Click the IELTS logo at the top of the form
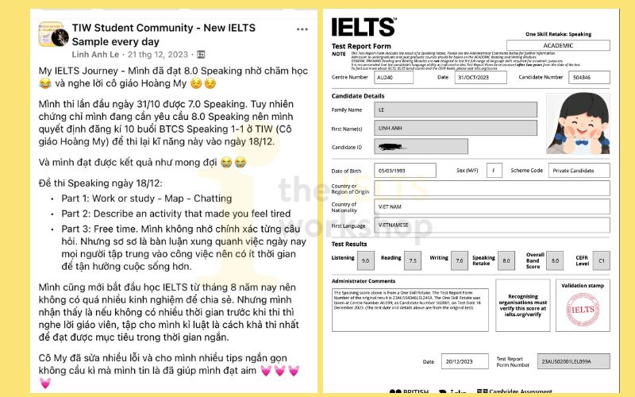[x=363, y=27]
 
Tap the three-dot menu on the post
[x=302, y=29]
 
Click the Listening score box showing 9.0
[x=366, y=260]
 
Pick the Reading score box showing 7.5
[x=413, y=260]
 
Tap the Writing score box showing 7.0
[x=459, y=260]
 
